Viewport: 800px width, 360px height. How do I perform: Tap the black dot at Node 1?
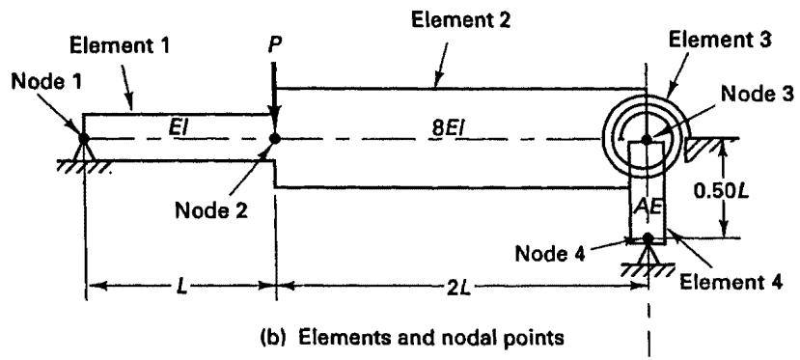pos(83,138)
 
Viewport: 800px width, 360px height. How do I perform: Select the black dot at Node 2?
pos(274,138)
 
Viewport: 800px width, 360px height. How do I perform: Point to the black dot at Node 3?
pos(647,138)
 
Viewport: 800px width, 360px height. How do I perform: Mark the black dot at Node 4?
pos(648,237)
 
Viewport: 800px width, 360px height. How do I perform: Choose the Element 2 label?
pos(460,20)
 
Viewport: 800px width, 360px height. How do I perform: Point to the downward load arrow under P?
pos(274,97)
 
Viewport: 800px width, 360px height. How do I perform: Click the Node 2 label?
pos(210,209)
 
